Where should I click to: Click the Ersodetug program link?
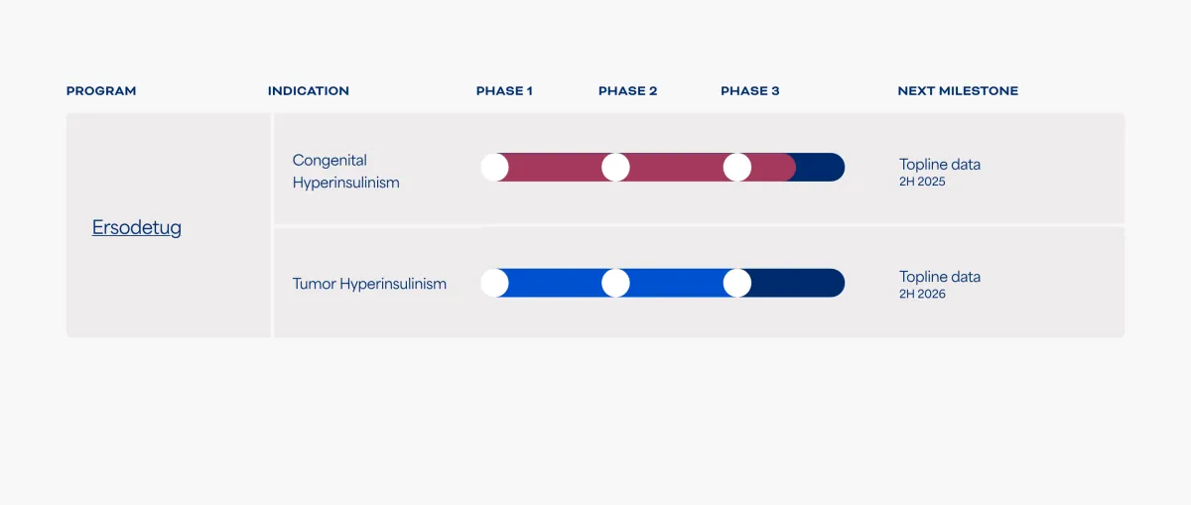(137, 228)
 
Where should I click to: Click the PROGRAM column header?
(101, 91)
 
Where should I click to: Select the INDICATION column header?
(309, 91)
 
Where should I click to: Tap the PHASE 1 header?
(504, 91)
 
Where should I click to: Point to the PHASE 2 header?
(627, 91)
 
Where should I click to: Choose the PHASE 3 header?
(750, 91)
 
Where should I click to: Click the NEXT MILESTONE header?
(958, 91)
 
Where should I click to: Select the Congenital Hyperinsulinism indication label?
(345, 172)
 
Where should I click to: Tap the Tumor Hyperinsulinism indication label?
(369, 284)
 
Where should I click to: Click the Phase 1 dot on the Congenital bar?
(494, 168)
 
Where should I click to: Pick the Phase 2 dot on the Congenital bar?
(615, 168)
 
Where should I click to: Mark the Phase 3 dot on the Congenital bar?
(737, 168)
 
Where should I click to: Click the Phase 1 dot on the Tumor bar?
(494, 283)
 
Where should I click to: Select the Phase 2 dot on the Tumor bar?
(615, 283)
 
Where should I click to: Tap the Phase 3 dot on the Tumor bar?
(737, 283)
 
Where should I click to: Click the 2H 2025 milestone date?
(923, 183)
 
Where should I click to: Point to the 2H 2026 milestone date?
(923, 295)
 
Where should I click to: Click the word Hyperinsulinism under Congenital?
(345, 184)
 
